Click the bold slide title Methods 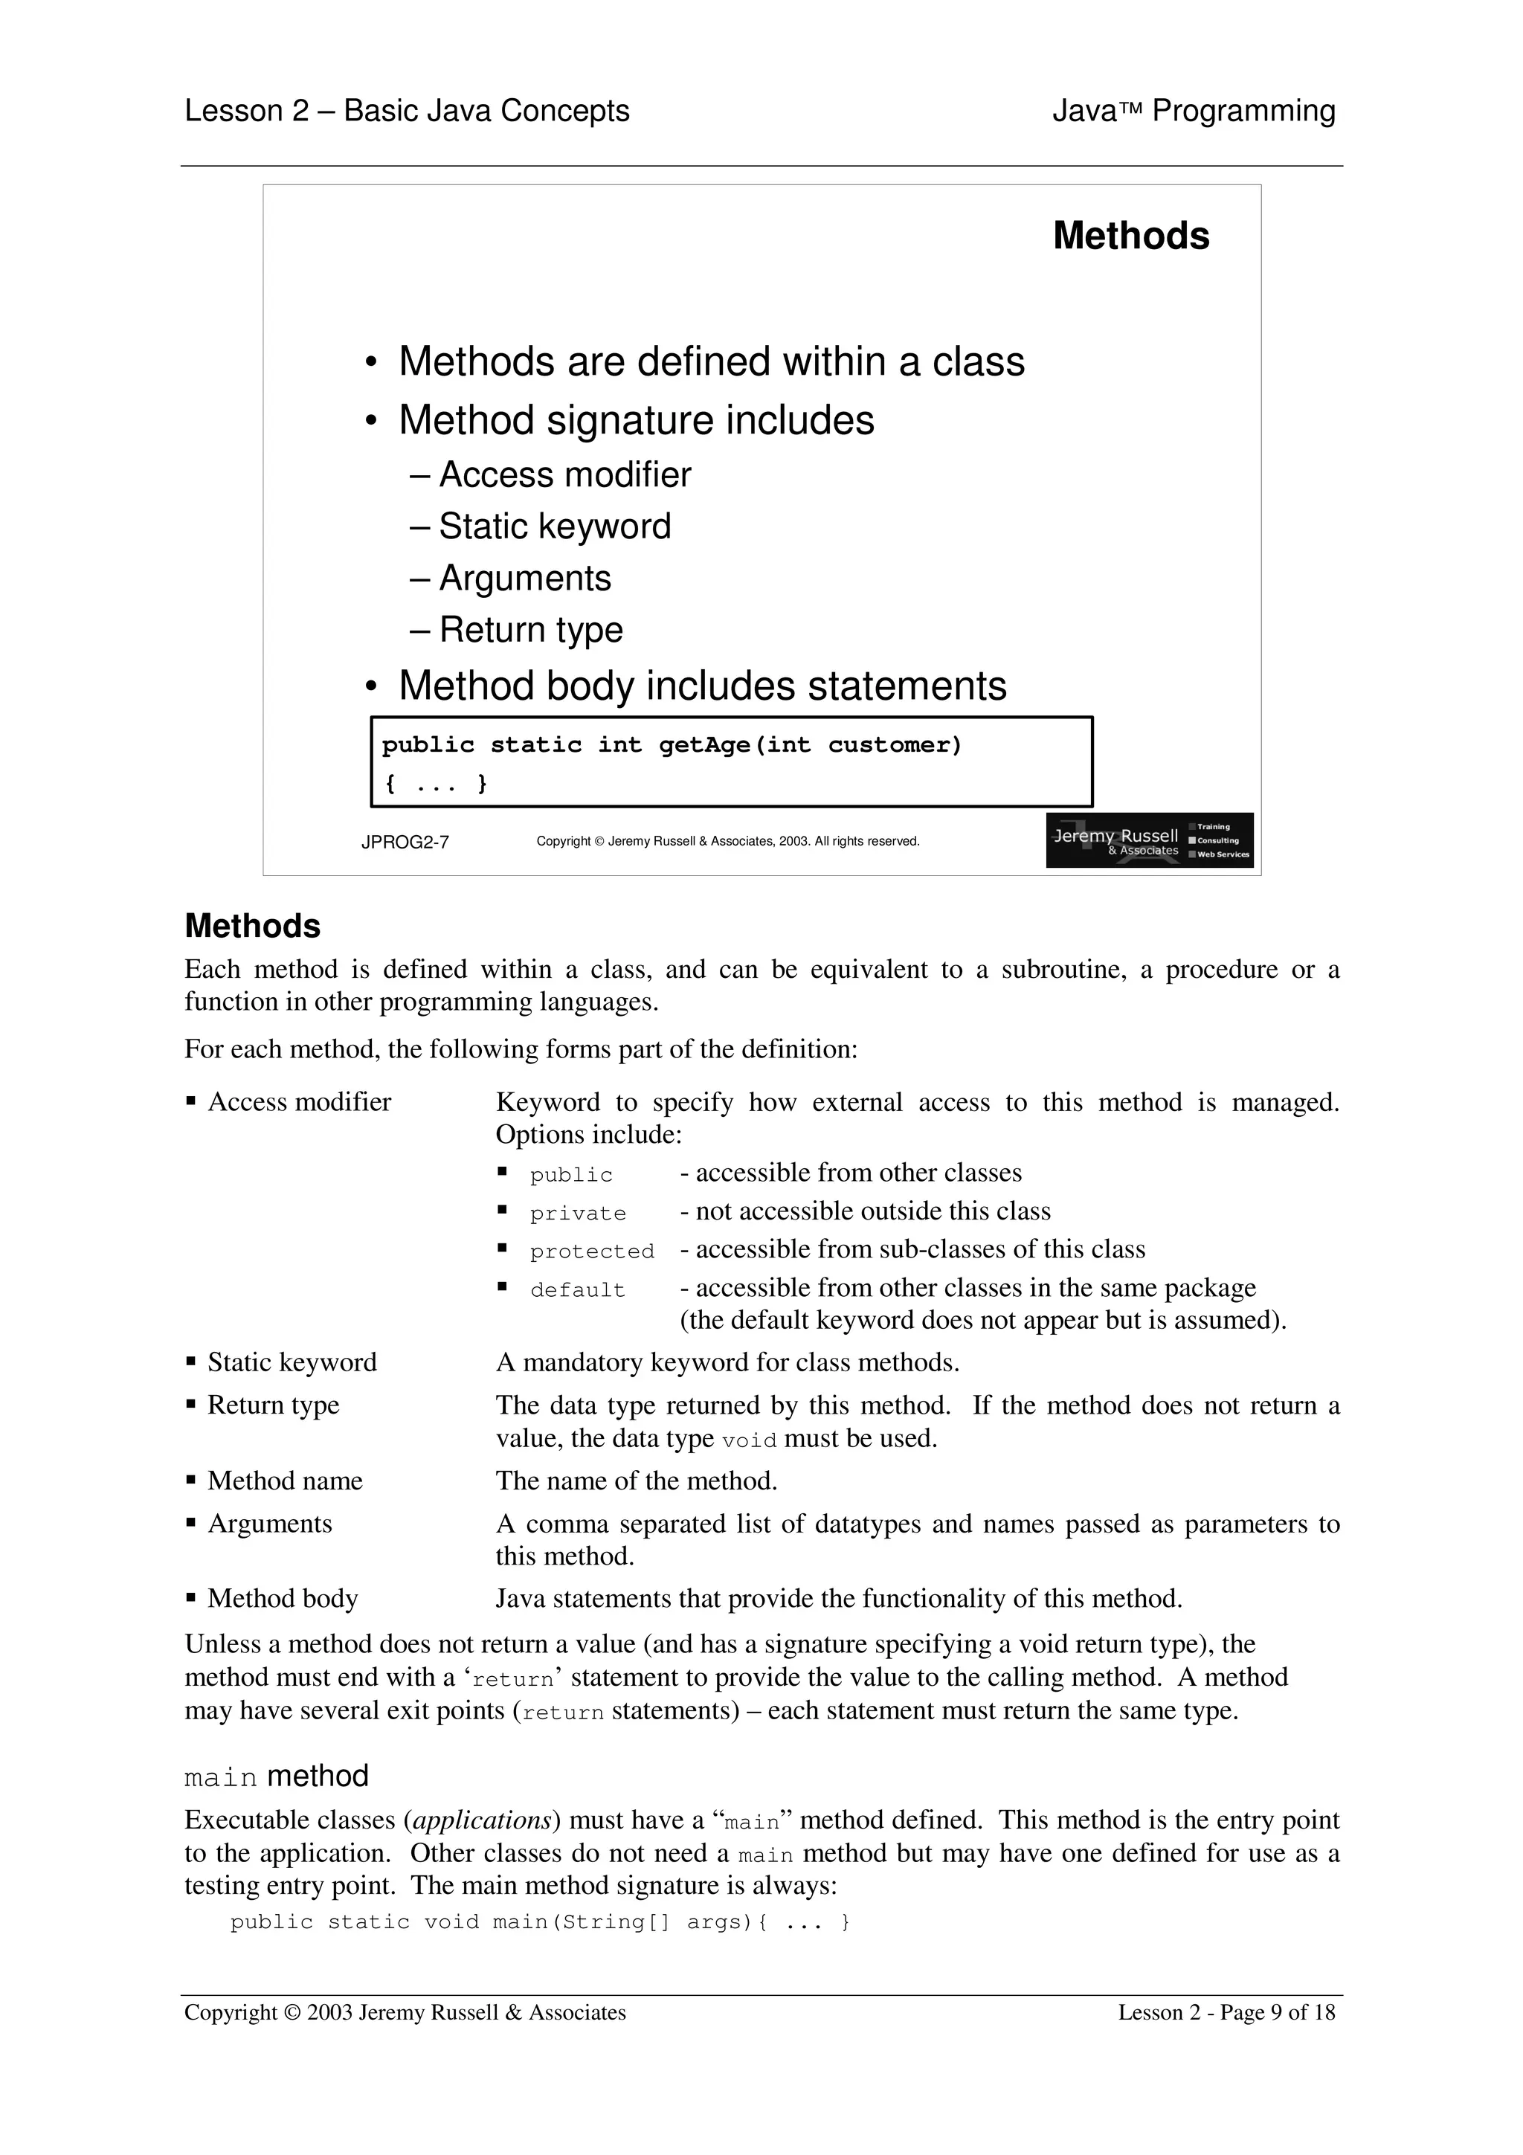coord(1131,236)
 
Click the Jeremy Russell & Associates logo coord(1149,840)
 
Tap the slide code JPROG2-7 coord(405,842)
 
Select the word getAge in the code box coord(703,745)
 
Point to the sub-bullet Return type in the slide coord(530,630)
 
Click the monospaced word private coord(577,1214)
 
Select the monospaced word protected coord(591,1252)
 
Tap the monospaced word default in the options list coord(577,1291)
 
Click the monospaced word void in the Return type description coord(749,1440)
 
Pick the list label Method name coord(284,1481)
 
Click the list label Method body coord(283,1599)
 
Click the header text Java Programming coord(1193,111)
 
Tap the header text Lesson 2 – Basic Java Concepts coord(406,111)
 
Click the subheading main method coord(276,1776)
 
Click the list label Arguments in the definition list coord(269,1524)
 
